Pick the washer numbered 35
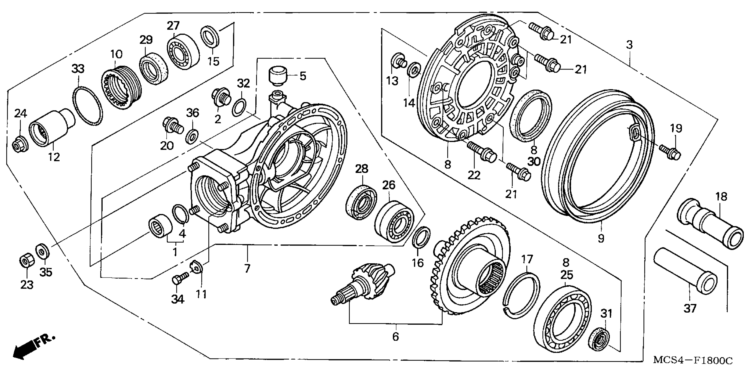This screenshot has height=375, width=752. (x=43, y=251)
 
